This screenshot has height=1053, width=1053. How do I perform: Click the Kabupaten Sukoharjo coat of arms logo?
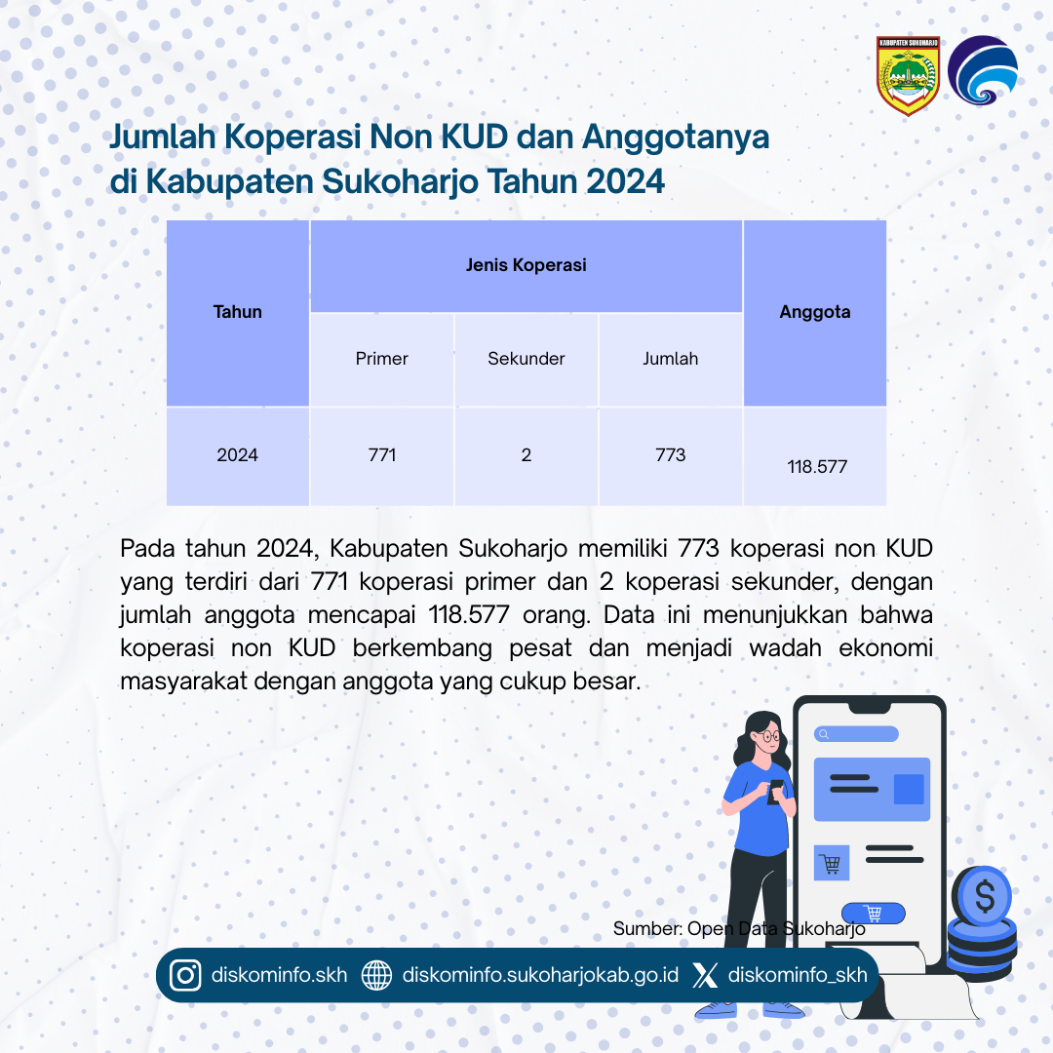point(908,76)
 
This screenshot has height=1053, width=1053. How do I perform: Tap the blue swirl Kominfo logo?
point(983,70)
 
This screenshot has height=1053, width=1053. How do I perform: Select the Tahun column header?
point(238,312)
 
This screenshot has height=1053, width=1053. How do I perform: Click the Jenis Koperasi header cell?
point(526,266)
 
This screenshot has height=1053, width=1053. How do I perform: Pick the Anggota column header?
point(815,312)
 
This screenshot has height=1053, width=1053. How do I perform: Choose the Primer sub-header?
point(382,359)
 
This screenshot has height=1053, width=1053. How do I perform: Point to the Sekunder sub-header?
point(526,359)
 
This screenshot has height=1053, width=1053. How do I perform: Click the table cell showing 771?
point(382,456)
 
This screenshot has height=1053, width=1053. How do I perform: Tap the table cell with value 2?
point(526,456)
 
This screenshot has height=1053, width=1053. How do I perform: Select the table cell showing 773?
point(671,456)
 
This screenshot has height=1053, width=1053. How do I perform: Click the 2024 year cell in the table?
point(238,456)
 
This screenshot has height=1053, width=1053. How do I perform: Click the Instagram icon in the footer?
point(185,975)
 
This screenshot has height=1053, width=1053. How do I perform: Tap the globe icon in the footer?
point(376,975)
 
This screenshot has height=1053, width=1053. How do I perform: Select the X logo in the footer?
point(705,975)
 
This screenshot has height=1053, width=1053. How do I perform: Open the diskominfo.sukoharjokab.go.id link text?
point(540,975)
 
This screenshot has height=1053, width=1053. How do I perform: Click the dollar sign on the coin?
point(985,897)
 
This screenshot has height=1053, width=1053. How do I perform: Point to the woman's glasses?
point(769,736)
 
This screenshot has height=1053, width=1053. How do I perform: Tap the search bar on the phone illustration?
point(856,734)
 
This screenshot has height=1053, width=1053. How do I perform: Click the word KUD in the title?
point(475,136)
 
